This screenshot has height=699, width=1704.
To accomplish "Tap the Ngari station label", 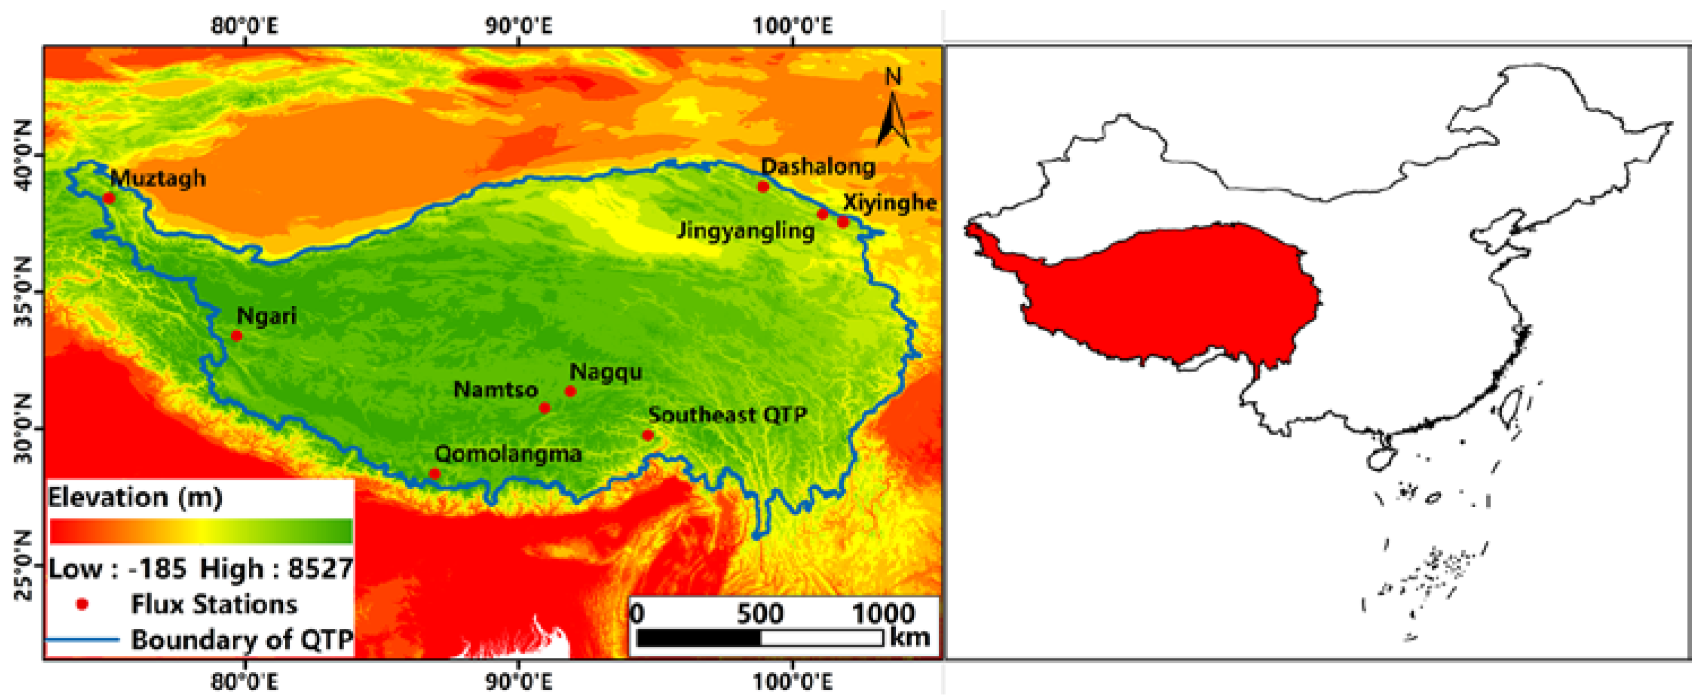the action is [x=267, y=316].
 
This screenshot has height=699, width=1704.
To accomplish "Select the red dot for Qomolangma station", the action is [x=435, y=474].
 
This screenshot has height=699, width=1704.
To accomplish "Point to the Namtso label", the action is [x=495, y=390].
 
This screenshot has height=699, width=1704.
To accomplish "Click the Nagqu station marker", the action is [x=570, y=392].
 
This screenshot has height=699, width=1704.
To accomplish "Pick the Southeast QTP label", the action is [x=728, y=415].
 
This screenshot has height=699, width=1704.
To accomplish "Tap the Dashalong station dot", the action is [x=763, y=187].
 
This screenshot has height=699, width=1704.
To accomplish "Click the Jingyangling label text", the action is [x=745, y=231].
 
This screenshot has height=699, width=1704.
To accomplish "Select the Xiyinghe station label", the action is [x=890, y=203].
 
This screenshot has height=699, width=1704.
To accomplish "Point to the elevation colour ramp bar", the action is [x=201, y=531].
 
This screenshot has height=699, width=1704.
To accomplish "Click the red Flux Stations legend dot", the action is [x=83, y=604].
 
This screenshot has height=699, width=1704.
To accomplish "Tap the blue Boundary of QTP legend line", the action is [x=83, y=640].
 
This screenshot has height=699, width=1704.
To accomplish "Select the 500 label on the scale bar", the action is [x=759, y=614].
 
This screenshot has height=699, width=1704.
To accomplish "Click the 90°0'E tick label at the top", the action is [x=518, y=27].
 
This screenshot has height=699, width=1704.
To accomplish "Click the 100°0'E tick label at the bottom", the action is [x=792, y=680].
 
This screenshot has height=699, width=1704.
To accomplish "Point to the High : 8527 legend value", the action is [x=277, y=569].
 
